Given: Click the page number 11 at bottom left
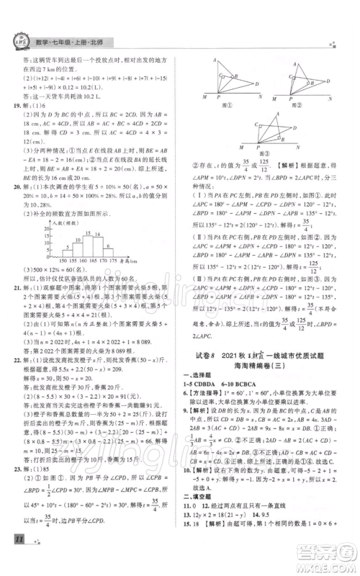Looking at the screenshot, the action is [x=15, y=554].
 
